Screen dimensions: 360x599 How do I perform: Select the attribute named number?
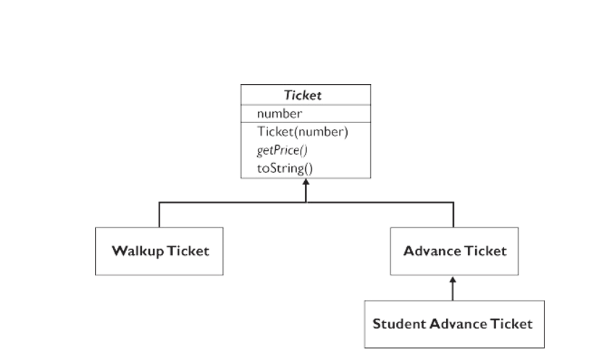point(279,114)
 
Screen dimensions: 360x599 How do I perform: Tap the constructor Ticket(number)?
point(302,132)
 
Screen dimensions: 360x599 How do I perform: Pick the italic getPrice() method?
point(282,150)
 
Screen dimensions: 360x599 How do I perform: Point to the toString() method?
point(284,168)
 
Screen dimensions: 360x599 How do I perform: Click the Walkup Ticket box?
point(159,251)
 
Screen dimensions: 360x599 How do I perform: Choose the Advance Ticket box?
point(454,251)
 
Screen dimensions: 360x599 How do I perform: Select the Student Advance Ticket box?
point(452,323)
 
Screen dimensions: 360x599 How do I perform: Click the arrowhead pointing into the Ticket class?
point(306,185)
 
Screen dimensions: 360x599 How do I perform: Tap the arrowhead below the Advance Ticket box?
point(453,280)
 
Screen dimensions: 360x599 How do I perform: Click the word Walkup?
point(138,251)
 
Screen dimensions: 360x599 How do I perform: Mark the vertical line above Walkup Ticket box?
point(159,214)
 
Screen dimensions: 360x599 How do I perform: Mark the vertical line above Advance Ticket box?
point(453,214)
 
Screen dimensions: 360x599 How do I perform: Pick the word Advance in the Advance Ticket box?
point(433,251)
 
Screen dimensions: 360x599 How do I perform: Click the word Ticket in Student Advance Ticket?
point(512,323)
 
